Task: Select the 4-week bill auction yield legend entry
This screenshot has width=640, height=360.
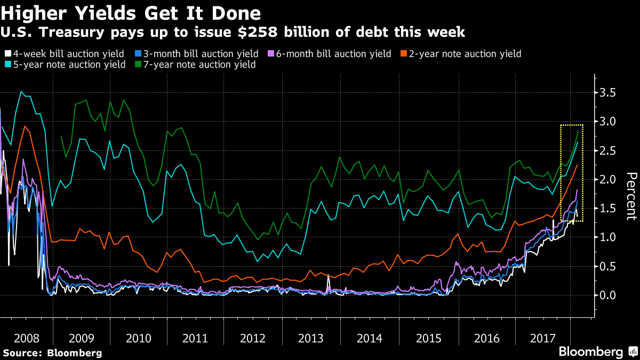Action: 64,54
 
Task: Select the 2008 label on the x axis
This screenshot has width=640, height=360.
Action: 26,338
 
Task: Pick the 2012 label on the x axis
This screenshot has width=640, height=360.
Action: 253,338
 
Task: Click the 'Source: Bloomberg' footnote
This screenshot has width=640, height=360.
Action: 52,353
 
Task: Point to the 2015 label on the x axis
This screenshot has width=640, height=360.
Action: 428,338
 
